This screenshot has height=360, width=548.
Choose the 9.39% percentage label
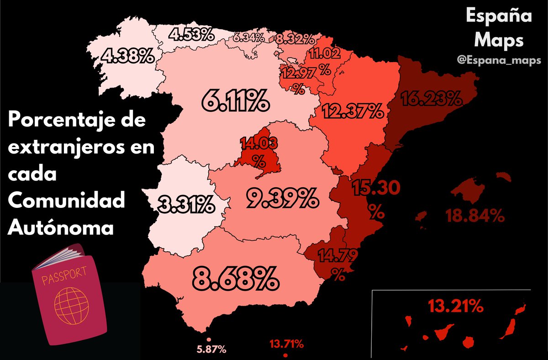tap(281, 197)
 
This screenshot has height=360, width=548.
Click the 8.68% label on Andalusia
tap(235, 277)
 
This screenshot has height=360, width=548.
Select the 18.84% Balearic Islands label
tap(475, 216)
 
